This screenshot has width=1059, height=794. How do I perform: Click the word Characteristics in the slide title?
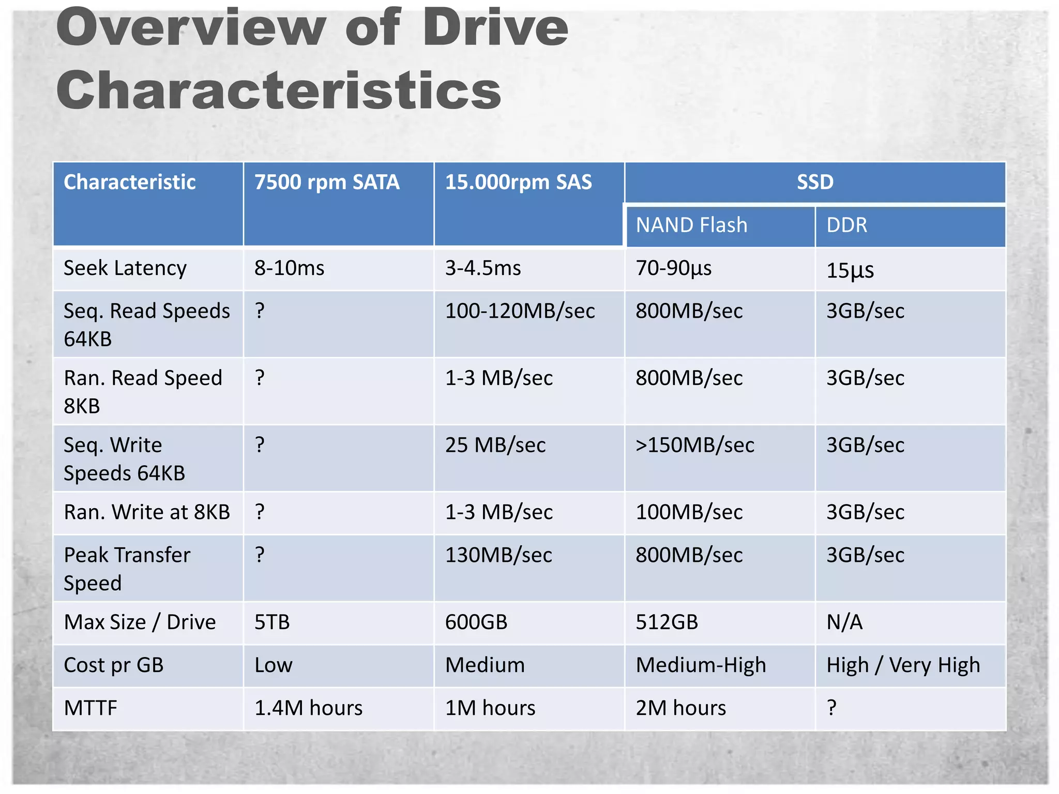279,90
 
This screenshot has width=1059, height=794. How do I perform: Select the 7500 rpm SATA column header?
327,182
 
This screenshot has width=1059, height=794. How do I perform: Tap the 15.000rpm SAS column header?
518,182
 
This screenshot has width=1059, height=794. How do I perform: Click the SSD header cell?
815,182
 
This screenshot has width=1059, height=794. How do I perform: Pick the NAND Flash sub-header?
691,225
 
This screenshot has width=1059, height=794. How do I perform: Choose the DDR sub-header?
846,225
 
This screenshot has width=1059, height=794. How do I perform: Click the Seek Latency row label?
125,268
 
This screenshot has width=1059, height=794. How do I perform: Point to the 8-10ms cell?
289,268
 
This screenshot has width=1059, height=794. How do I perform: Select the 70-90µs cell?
673,268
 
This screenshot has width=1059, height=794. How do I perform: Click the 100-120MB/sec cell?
520,311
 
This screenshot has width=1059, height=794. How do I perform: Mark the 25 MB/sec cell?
495,445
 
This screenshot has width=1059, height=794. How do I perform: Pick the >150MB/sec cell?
694,445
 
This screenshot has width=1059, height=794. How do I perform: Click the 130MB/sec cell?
498,555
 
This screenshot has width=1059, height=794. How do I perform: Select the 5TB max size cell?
272,622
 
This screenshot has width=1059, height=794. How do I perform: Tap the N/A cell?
844,622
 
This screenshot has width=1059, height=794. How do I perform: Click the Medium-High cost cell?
701,665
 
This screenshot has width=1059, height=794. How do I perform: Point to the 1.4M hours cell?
308,708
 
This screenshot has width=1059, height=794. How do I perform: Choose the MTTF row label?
90,708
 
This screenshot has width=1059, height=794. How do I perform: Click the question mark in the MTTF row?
831,707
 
